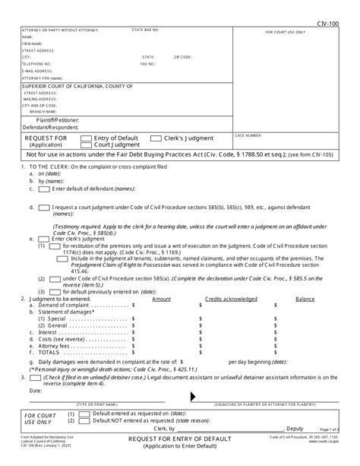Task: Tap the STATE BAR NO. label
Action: [145, 30]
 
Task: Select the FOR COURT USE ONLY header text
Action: [285, 33]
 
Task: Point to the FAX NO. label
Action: [147, 64]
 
